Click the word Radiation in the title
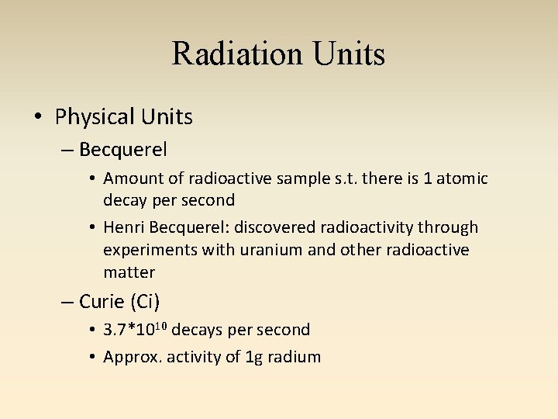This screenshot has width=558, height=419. [237, 54]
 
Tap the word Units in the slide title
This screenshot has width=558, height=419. [349, 54]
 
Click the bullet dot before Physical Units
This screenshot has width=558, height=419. [37, 117]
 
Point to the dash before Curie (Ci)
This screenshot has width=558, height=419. [67, 301]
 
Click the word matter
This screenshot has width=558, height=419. [129, 272]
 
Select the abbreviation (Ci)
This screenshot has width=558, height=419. [146, 301]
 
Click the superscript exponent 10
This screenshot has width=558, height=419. [160, 325]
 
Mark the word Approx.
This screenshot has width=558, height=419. [130, 357]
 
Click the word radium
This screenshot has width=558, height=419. [294, 357]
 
